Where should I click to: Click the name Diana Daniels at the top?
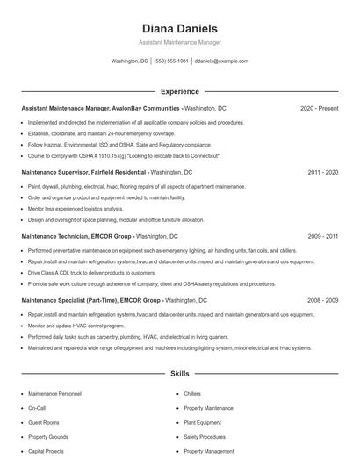point(179,28)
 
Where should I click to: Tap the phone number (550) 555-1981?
point(171,61)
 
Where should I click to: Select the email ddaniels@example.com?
point(221,61)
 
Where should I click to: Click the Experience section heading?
point(179,91)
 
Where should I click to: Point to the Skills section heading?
point(179,374)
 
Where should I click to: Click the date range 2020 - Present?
point(319,108)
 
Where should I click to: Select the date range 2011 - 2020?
point(322,172)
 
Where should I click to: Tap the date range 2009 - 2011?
point(322,236)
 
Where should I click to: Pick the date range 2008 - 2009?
point(322,300)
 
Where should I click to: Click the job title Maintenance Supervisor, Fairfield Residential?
point(84,172)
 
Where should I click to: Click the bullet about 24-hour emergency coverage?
point(101,133)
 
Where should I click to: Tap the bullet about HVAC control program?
point(83,325)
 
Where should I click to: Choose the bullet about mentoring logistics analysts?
point(76,209)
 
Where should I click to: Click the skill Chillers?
point(192,394)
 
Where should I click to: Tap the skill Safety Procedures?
point(205,436)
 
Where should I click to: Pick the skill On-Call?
point(37,408)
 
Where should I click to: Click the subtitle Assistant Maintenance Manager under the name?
point(179,42)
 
